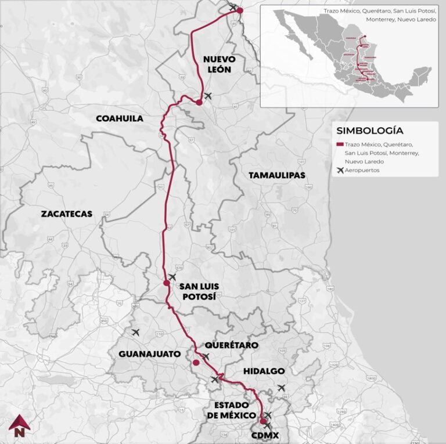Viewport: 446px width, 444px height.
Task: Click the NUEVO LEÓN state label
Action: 217,64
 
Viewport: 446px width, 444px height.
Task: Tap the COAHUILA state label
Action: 119,118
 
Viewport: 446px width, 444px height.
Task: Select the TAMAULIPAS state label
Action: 276,175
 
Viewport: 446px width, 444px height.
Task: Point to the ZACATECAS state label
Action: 67,214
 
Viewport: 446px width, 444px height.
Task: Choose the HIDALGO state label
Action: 264,371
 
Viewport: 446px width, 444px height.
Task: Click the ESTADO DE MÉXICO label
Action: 231,410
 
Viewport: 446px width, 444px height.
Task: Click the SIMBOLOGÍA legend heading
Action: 369,131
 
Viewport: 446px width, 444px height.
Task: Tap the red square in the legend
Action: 340,144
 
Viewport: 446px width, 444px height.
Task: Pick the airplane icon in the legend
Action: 340,170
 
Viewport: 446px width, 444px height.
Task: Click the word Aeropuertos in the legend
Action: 362,170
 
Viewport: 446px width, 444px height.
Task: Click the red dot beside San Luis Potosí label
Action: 167,283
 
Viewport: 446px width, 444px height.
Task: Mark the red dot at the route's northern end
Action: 240,10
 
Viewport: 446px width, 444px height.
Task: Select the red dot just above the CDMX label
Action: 263,421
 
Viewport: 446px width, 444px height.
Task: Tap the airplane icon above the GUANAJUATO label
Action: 136,333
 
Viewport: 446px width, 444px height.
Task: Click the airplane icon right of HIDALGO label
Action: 282,388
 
